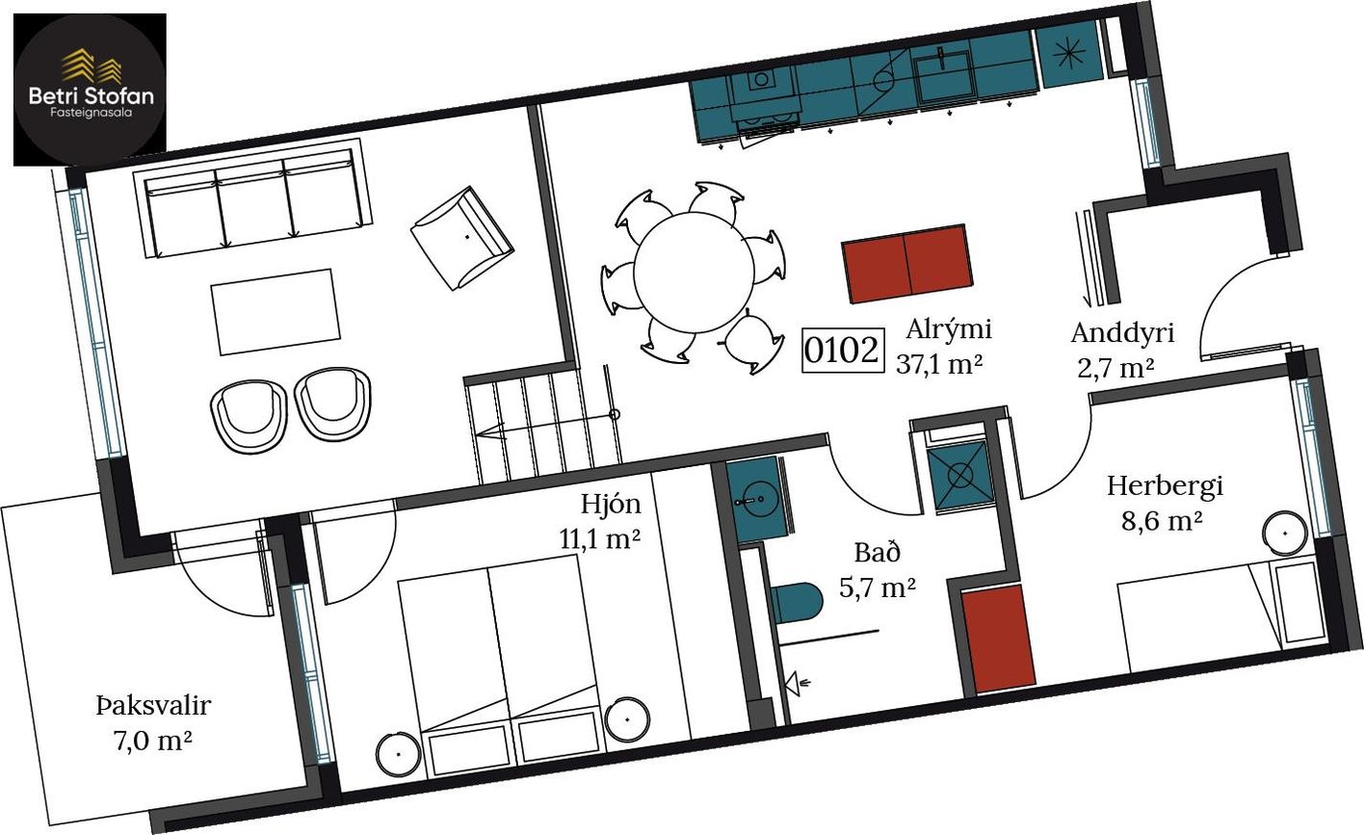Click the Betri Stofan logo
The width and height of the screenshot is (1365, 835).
click(x=90, y=90)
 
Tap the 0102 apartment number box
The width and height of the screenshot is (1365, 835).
click(x=842, y=351)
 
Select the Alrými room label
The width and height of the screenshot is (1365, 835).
click(x=949, y=329)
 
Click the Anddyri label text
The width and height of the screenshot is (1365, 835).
click(x=1122, y=333)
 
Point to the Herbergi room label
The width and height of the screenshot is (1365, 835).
click(x=1166, y=486)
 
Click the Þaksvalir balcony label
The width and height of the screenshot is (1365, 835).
click(x=153, y=706)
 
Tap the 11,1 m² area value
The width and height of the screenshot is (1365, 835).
click(x=600, y=539)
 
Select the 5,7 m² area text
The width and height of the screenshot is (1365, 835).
click(x=878, y=587)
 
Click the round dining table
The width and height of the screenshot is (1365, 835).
click(x=694, y=273)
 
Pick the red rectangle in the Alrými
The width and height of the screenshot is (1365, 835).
click(x=906, y=263)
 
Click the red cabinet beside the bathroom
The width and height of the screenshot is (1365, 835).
click(x=999, y=639)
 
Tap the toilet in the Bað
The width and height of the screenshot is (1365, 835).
click(x=797, y=604)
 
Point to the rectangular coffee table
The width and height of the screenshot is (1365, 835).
click(x=276, y=312)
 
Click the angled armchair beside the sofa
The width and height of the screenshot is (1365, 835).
click(x=462, y=238)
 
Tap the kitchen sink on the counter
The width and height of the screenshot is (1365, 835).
click(x=944, y=75)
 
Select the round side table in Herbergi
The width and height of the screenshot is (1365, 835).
click(x=1285, y=533)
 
